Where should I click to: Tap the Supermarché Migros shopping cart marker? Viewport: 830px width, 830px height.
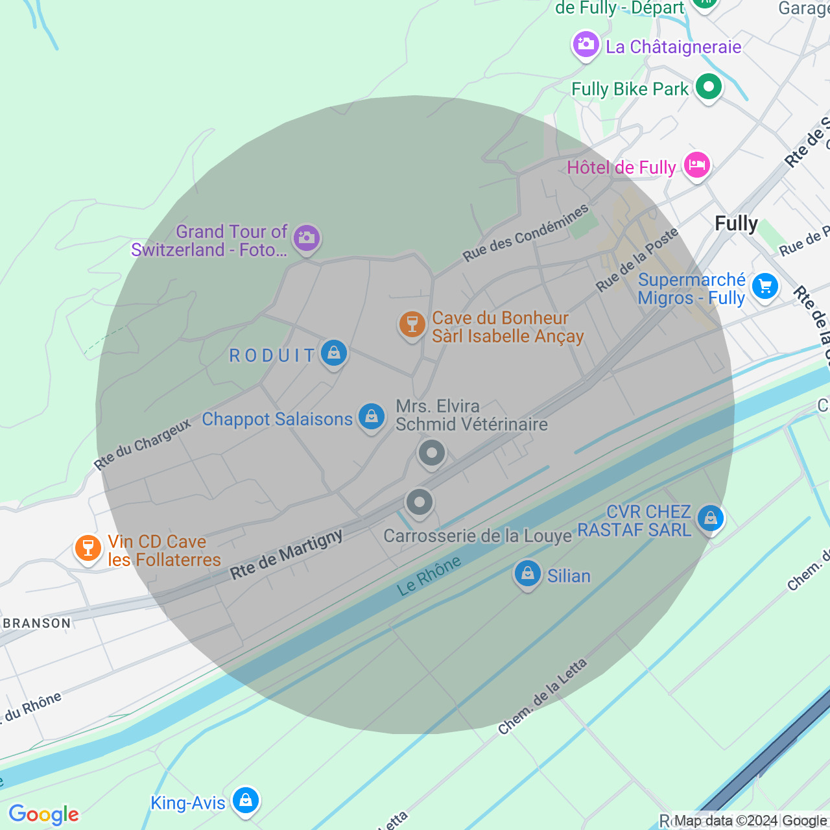click(765, 286)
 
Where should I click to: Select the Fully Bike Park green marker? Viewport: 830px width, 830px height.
click(708, 87)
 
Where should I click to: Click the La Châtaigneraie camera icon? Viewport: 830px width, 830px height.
click(586, 45)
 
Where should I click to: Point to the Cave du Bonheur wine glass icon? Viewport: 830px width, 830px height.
click(412, 324)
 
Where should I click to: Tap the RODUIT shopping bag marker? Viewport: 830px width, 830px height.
click(333, 353)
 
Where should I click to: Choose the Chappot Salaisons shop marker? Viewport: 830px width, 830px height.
click(372, 417)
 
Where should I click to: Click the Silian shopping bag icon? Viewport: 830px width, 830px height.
click(528, 574)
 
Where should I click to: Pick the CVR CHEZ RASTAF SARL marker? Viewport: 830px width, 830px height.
click(711, 518)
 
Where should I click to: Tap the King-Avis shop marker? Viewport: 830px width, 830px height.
click(246, 801)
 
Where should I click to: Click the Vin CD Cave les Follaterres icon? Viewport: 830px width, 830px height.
click(88, 549)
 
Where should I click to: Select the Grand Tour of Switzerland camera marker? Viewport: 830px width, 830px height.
click(306, 239)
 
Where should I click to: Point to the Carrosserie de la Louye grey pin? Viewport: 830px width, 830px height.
click(420, 502)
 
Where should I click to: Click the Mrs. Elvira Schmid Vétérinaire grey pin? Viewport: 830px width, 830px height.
click(432, 453)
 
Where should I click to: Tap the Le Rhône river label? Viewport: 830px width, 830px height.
click(429, 576)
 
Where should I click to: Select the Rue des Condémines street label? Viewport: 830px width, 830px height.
click(525, 233)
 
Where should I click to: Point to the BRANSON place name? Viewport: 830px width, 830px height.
click(37, 623)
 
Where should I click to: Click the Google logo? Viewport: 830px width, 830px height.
click(43, 814)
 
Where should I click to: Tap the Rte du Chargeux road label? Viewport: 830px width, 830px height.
click(143, 444)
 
